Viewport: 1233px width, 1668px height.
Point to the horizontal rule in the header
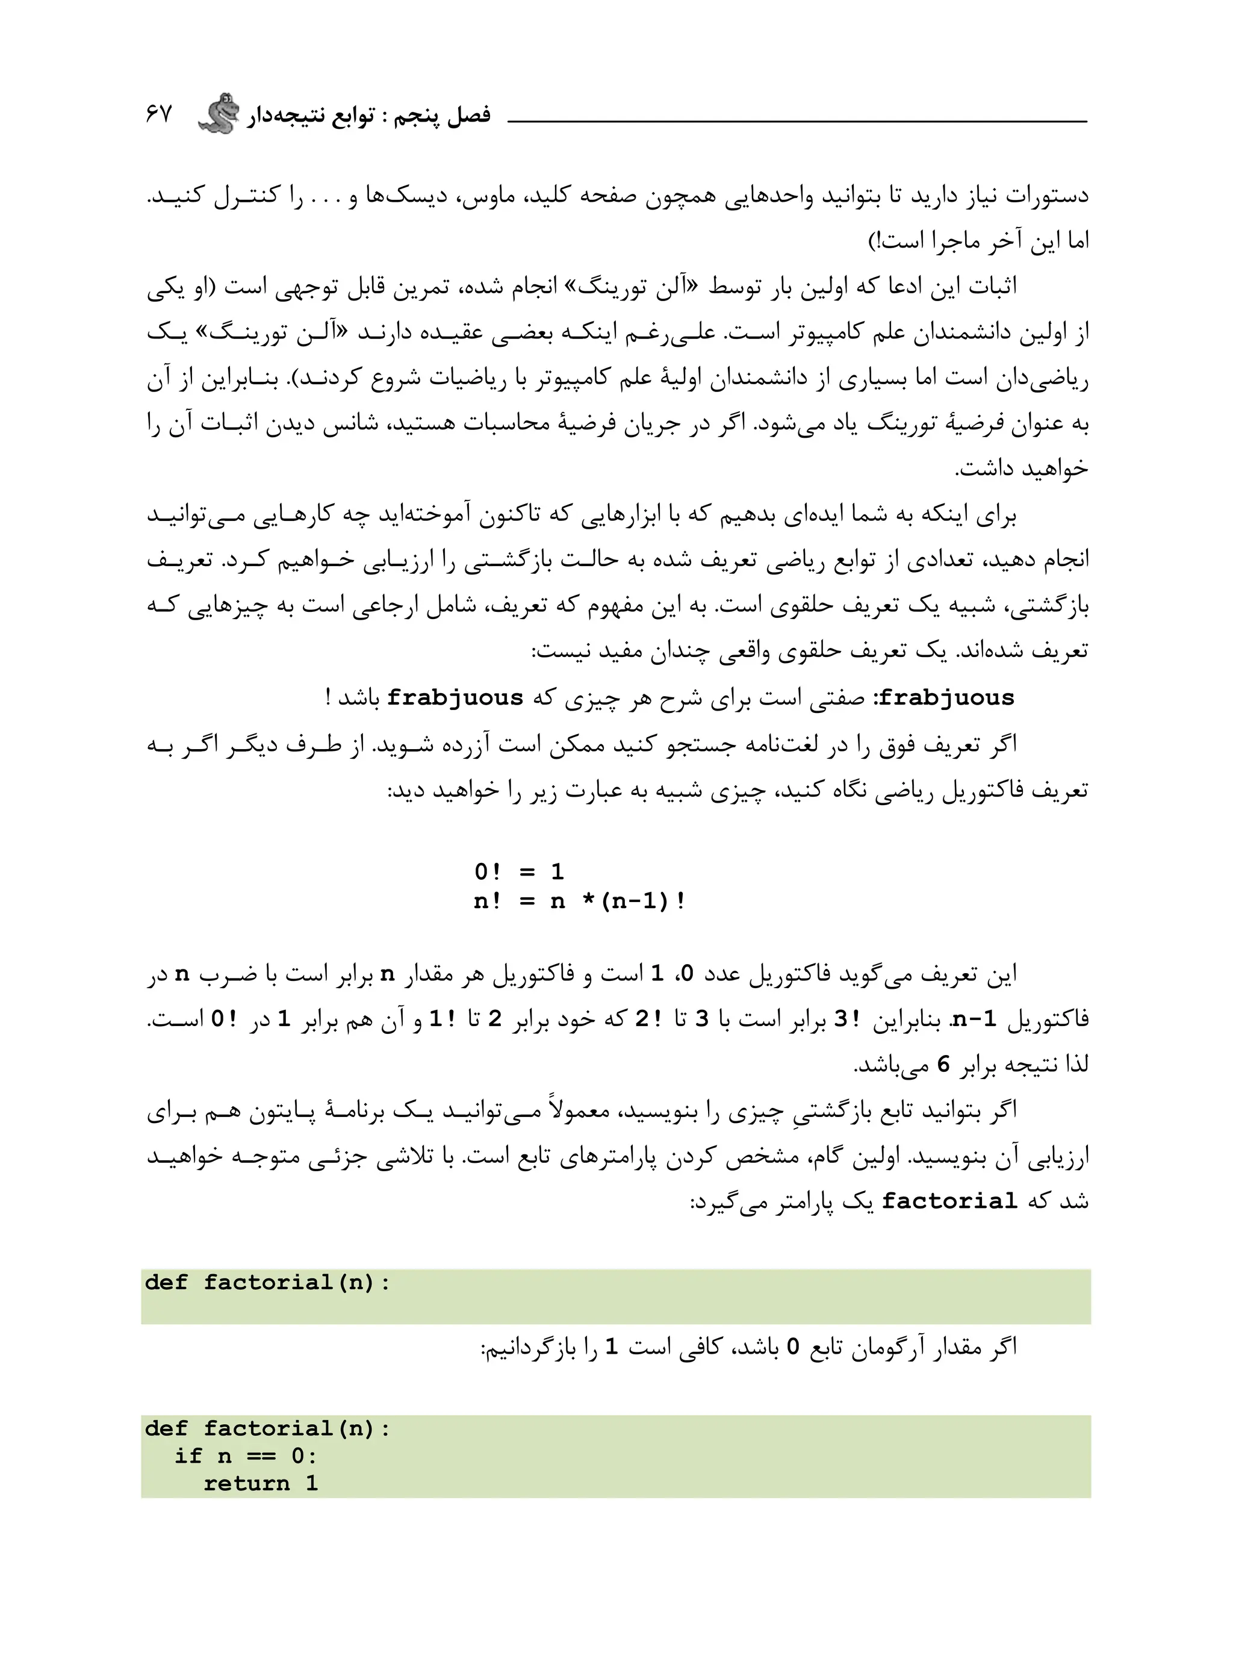797,121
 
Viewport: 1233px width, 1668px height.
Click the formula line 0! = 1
520,872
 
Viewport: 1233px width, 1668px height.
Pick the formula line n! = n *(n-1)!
579,901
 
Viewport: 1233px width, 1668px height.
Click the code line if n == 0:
246,1456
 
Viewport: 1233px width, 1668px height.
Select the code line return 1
261,1484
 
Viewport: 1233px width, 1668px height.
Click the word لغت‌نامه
816,745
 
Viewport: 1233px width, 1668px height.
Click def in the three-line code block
166,1428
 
